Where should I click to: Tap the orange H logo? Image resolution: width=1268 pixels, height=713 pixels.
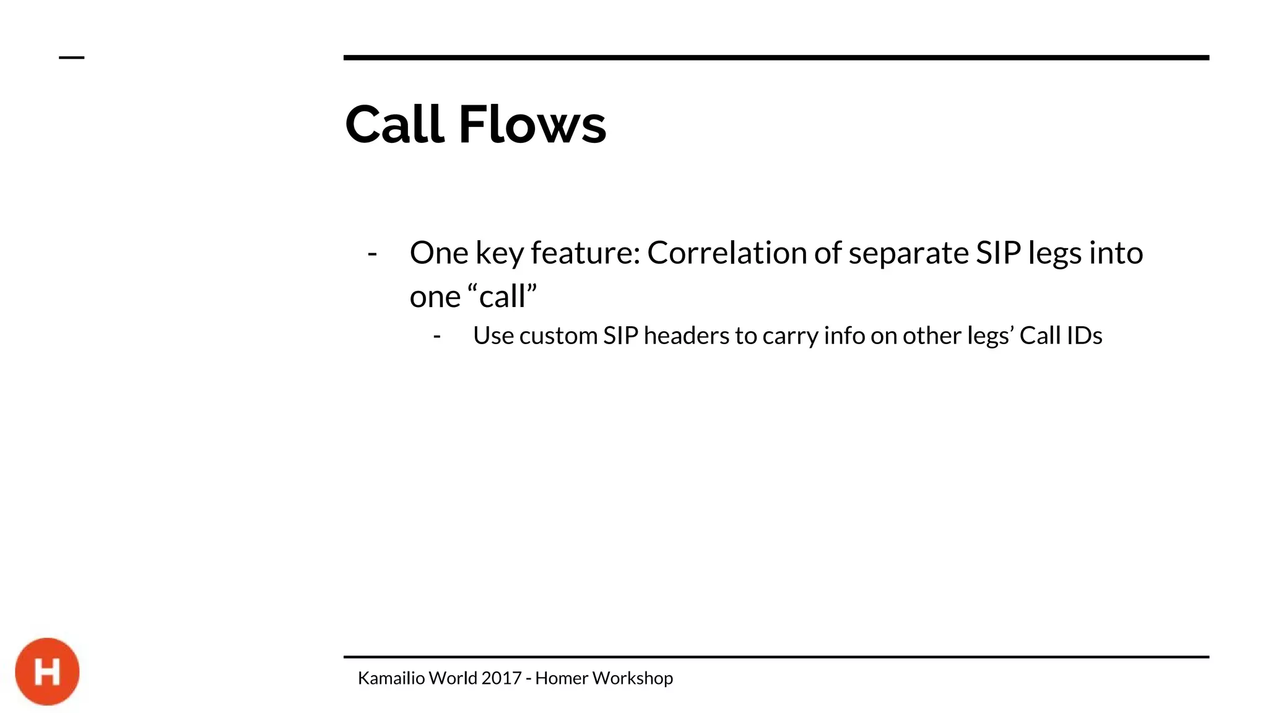pos(48,672)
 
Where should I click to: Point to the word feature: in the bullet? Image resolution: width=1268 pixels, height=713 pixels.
pos(585,254)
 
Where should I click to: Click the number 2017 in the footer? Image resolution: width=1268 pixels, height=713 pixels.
pos(502,678)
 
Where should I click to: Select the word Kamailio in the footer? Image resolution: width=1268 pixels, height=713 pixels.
pos(391,678)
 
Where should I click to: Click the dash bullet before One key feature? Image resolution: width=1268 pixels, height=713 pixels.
pos(372,254)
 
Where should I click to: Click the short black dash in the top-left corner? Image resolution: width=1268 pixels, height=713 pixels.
pos(71,58)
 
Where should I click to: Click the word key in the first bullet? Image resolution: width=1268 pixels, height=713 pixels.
pos(499,254)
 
